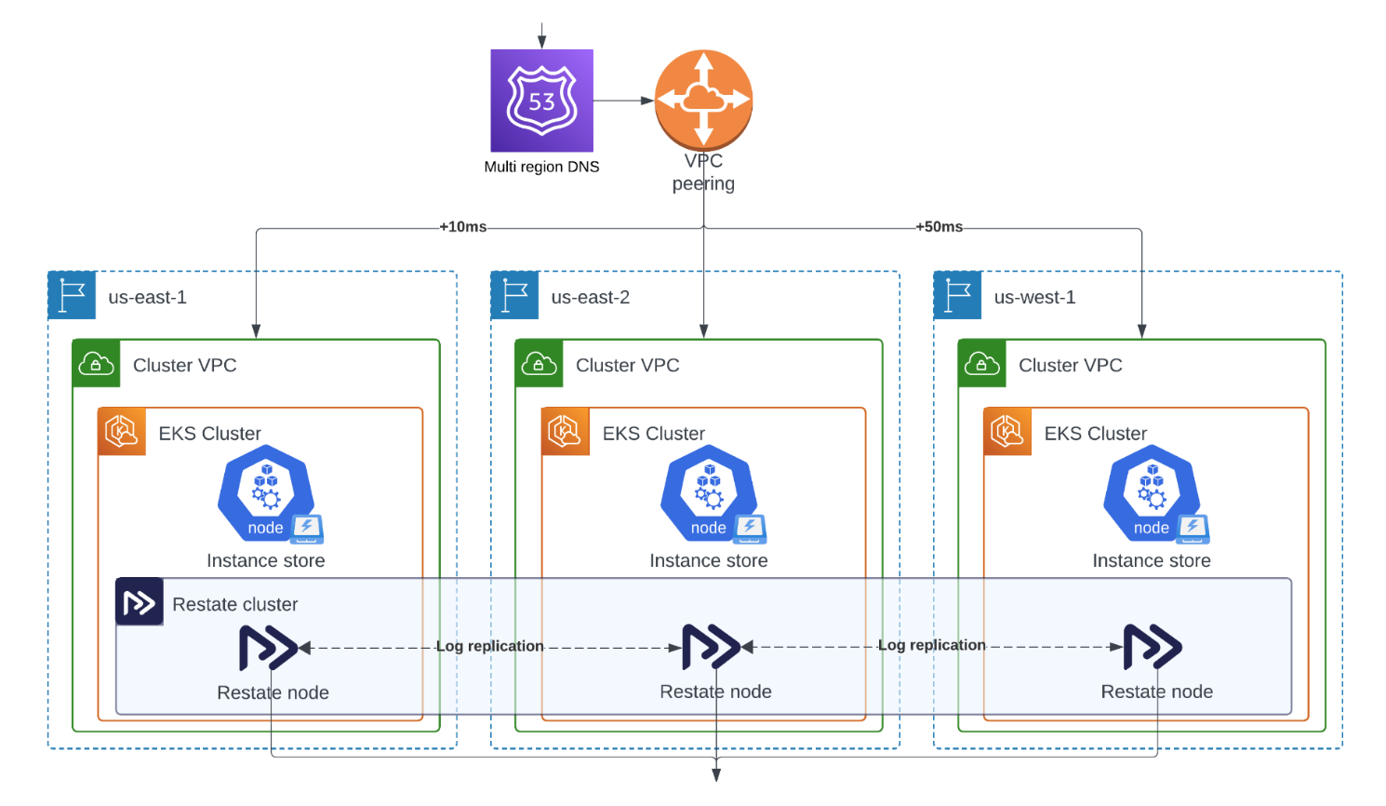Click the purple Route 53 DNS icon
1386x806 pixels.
tap(541, 101)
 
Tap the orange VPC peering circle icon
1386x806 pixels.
tap(703, 100)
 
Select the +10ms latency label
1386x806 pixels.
tap(463, 227)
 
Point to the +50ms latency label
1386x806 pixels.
tap(939, 227)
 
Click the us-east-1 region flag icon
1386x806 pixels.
tap(72, 295)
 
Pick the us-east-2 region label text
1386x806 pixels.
tap(590, 297)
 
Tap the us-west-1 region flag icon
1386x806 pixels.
tap(957, 295)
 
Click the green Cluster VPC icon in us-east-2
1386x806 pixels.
tap(539, 363)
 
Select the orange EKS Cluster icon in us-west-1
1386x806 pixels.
tap(1007, 431)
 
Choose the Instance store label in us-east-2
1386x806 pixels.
tap(708, 560)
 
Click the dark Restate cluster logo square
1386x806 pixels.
tap(140, 602)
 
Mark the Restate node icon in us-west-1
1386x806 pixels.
tap(1153, 647)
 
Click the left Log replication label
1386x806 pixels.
tap(489, 646)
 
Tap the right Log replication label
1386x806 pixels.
tap(931, 645)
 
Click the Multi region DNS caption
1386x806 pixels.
tap(541, 167)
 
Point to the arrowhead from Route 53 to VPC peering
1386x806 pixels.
tap(648, 101)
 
